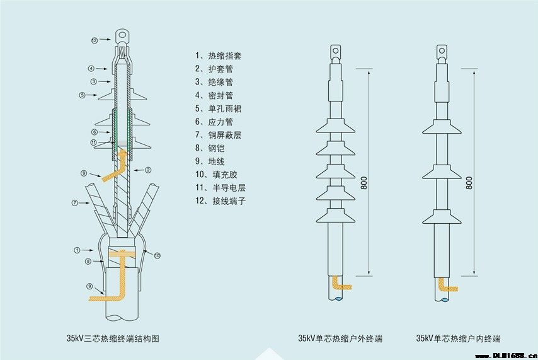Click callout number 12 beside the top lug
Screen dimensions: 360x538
tap(94, 40)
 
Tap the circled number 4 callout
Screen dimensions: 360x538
tap(91, 68)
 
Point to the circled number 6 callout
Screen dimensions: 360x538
tap(93, 132)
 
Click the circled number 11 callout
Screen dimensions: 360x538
tap(93, 142)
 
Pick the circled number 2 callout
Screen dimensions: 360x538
tap(147, 170)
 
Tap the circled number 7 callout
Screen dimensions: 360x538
tap(74, 203)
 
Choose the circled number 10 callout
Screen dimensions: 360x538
tap(157, 255)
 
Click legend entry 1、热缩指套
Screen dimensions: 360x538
tap(219, 55)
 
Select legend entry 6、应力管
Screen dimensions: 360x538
tap(214, 122)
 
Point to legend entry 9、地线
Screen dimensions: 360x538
tap(210, 161)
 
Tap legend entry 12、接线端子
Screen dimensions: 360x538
tap(219, 201)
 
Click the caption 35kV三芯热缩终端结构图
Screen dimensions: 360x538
tap(114, 339)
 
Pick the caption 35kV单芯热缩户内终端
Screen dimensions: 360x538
tap(459, 339)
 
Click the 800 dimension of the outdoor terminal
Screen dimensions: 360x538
tap(364, 183)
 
